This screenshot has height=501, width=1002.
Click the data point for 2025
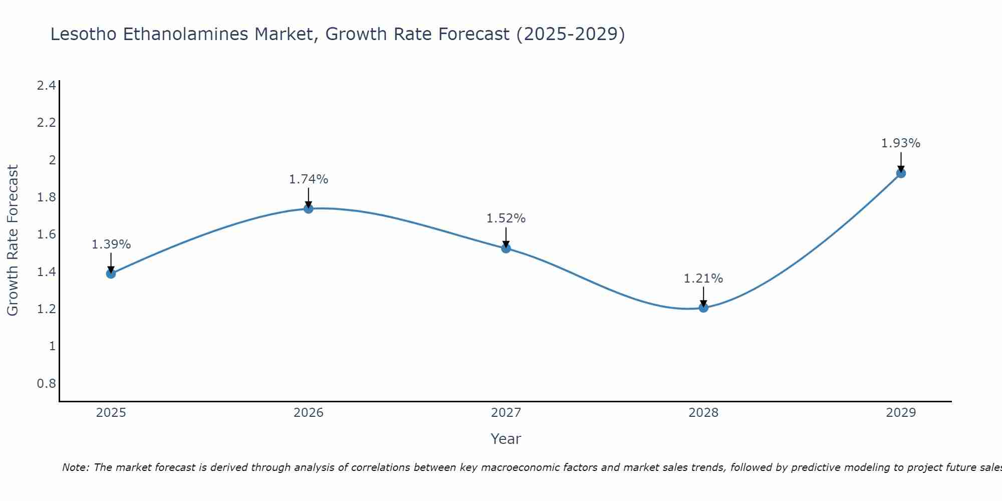111,274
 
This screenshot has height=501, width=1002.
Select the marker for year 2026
309,208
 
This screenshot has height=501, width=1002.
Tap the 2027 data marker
506,248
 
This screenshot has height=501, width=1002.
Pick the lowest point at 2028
703,307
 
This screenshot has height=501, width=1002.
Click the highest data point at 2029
901,173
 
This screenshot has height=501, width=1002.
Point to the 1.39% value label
111,244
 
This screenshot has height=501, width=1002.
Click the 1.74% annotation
309,179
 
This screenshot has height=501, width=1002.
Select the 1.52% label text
506,218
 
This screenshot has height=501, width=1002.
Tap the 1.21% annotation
703,279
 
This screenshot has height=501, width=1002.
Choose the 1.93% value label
901,143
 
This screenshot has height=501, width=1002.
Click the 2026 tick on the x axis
309,413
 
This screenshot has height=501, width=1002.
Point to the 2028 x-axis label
703,413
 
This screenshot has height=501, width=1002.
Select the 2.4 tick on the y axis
47,86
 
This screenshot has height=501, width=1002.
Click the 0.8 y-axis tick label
47,384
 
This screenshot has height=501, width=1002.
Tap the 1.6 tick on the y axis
47,234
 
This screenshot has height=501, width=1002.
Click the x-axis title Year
506,439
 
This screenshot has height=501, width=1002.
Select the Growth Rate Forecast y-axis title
13,240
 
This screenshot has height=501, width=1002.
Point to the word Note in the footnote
75,467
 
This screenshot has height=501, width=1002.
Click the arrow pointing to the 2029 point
901,162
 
